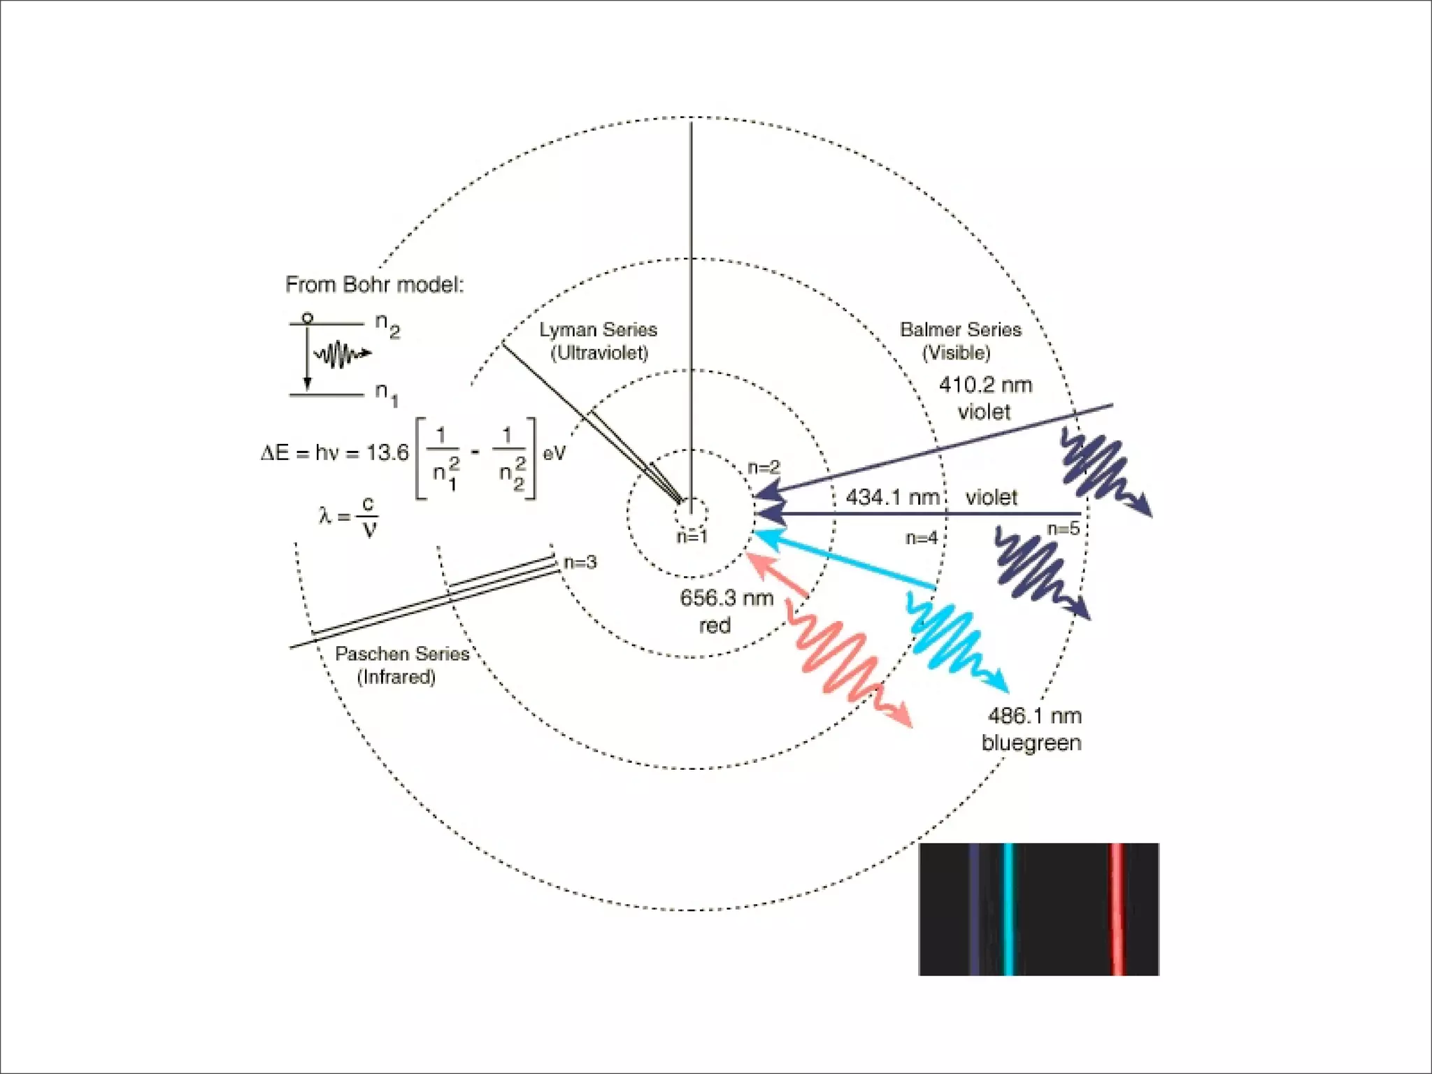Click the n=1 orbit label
tap(692, 536)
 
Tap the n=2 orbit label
tap(764, 467)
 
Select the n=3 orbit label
tap(580, 562)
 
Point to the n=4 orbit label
tap(922, 538)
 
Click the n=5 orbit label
tap(1064, 529)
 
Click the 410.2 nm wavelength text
tap(985, 385)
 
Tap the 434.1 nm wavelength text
tap(893, 498)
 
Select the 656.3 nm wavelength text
tap(726, 599)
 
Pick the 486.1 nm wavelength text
tap(1034, 716)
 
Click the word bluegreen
tap(1031, 743)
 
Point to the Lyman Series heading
tap(598, 330)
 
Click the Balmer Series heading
tap(960, 330)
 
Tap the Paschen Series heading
tap(402, 654)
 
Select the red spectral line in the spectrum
tap(1117, 909)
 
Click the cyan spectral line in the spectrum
tap(1008, 909)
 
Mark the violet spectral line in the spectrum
tap(974, 909)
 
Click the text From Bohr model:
tap(374, 285)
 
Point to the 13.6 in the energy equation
tap(387, 453)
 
